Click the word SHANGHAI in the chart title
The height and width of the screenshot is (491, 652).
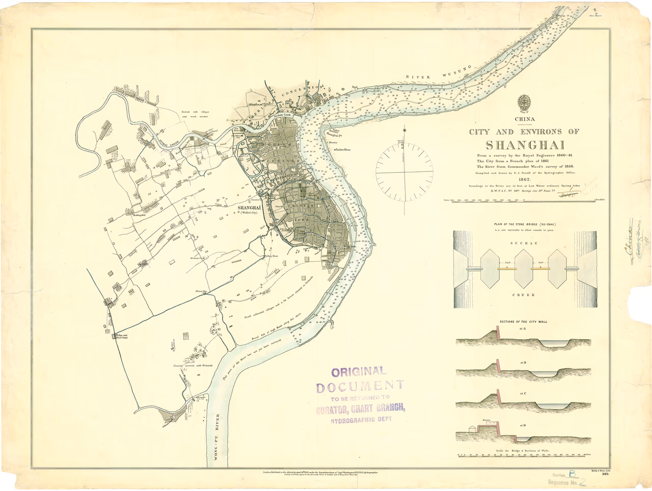pos(525,145)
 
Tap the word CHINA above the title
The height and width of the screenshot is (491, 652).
pos(525,119)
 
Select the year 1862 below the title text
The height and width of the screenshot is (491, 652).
pos(525,179)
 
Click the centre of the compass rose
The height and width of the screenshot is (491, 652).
pos(404,172)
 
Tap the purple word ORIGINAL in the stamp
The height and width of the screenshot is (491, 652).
pos(359,372)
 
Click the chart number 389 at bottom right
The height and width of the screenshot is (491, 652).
pos(605,474)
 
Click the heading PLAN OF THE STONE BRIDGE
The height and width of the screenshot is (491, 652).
pos(524,224)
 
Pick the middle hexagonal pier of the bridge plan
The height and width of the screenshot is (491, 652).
pos(524,268)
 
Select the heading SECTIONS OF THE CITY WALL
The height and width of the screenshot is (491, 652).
pos(524,322)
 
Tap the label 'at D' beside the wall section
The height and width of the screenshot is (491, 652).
pos(523,425)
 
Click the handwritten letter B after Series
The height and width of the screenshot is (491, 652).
pos(572,474)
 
